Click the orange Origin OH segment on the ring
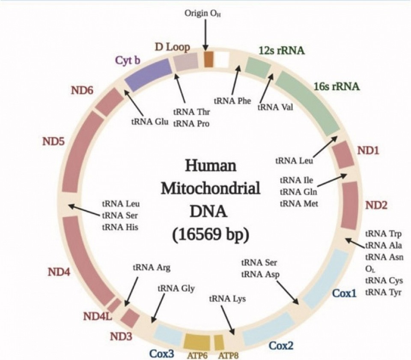point(208,59)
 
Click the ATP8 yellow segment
point(219,342)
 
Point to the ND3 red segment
point(130,318)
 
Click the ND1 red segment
point(343,154)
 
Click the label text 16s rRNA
point(336,86)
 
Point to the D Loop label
point(172,47)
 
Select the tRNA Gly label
point(176,288)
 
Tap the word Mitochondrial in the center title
point(210,188)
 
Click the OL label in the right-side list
point(369,269)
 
